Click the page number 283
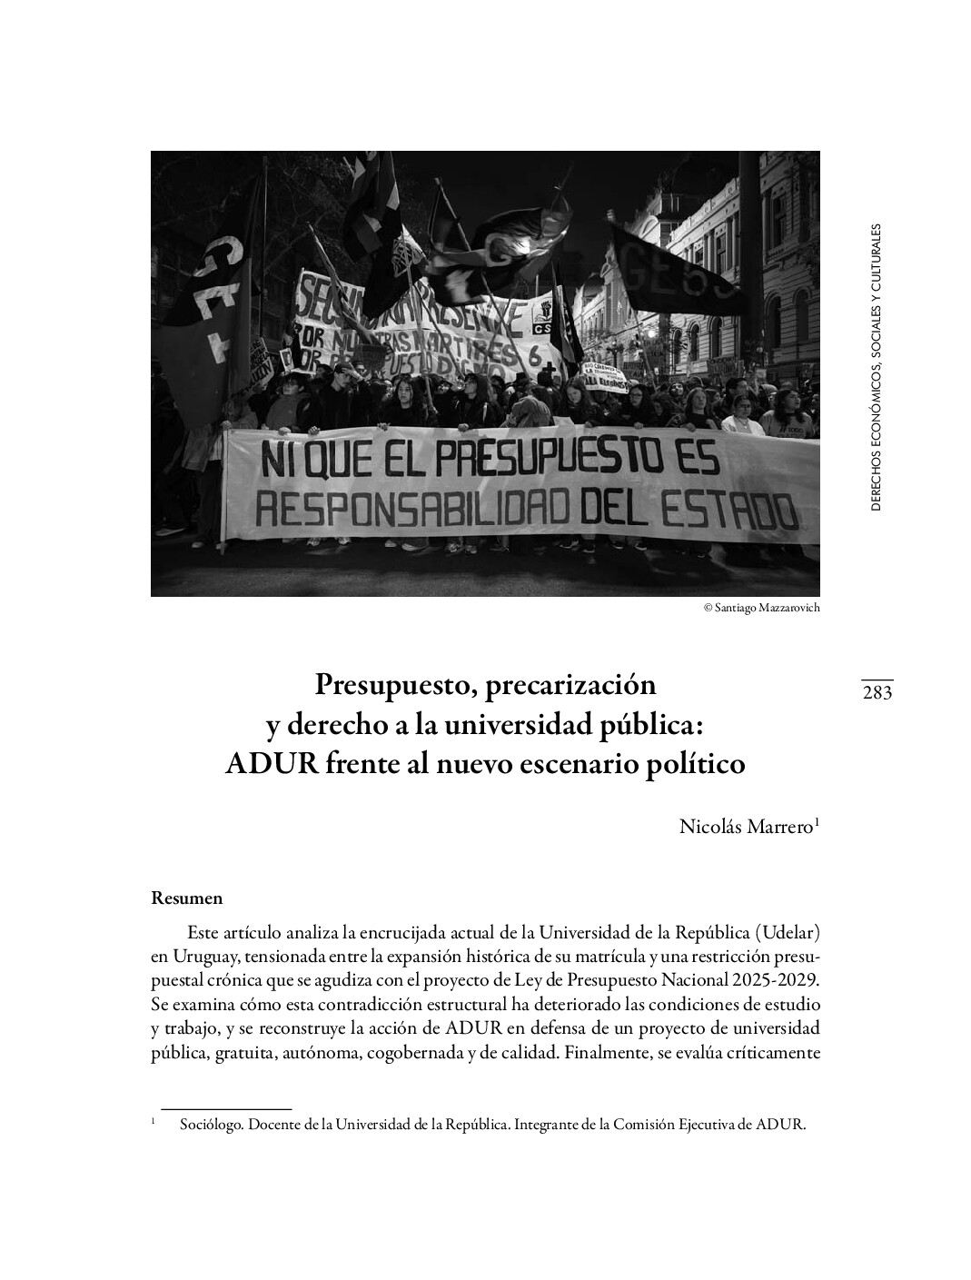pos(877,694)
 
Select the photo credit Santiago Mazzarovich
pos(761,608)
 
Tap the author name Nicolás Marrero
pos(749,827)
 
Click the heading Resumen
pos(186,898)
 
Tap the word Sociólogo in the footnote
pos(212,1125)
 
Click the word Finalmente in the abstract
pos(604,1055)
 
